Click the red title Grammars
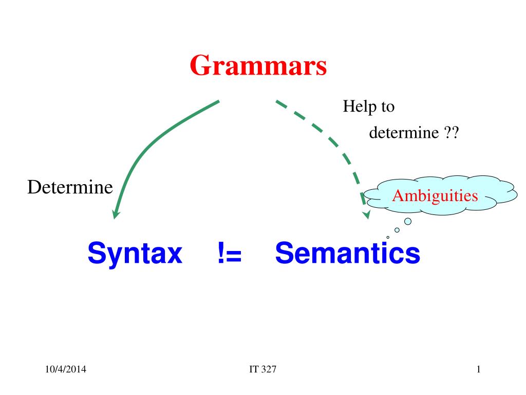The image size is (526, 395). click(x=258, y=66)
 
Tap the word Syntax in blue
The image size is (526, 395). click(x=135, y=254)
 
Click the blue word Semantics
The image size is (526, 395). click(x=347, y=254)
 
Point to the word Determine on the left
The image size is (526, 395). click(x=70, y=187)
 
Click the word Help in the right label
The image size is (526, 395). click(x=357, y=107)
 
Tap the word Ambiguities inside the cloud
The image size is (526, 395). click(x=435, y=195)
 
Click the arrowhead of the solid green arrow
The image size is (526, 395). click(x=116, y=214)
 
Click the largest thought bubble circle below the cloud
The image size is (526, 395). click(x=408, y=221)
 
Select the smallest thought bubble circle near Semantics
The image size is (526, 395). click(x=388, y=237)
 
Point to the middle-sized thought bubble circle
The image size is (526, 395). click(x=397, y=230)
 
